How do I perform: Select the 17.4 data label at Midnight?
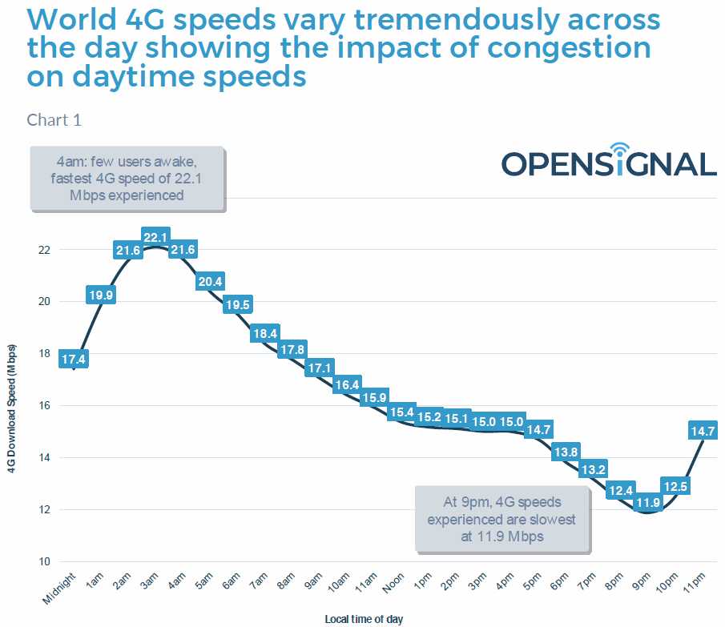74,360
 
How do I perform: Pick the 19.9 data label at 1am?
100,295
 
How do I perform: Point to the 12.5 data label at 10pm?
675,485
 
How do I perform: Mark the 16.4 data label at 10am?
347,384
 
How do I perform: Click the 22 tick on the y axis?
43,250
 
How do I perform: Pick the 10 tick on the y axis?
43,562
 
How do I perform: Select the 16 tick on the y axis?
43,406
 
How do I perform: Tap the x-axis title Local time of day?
364,619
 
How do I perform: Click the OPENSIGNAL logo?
609,163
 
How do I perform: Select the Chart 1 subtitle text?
54,120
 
